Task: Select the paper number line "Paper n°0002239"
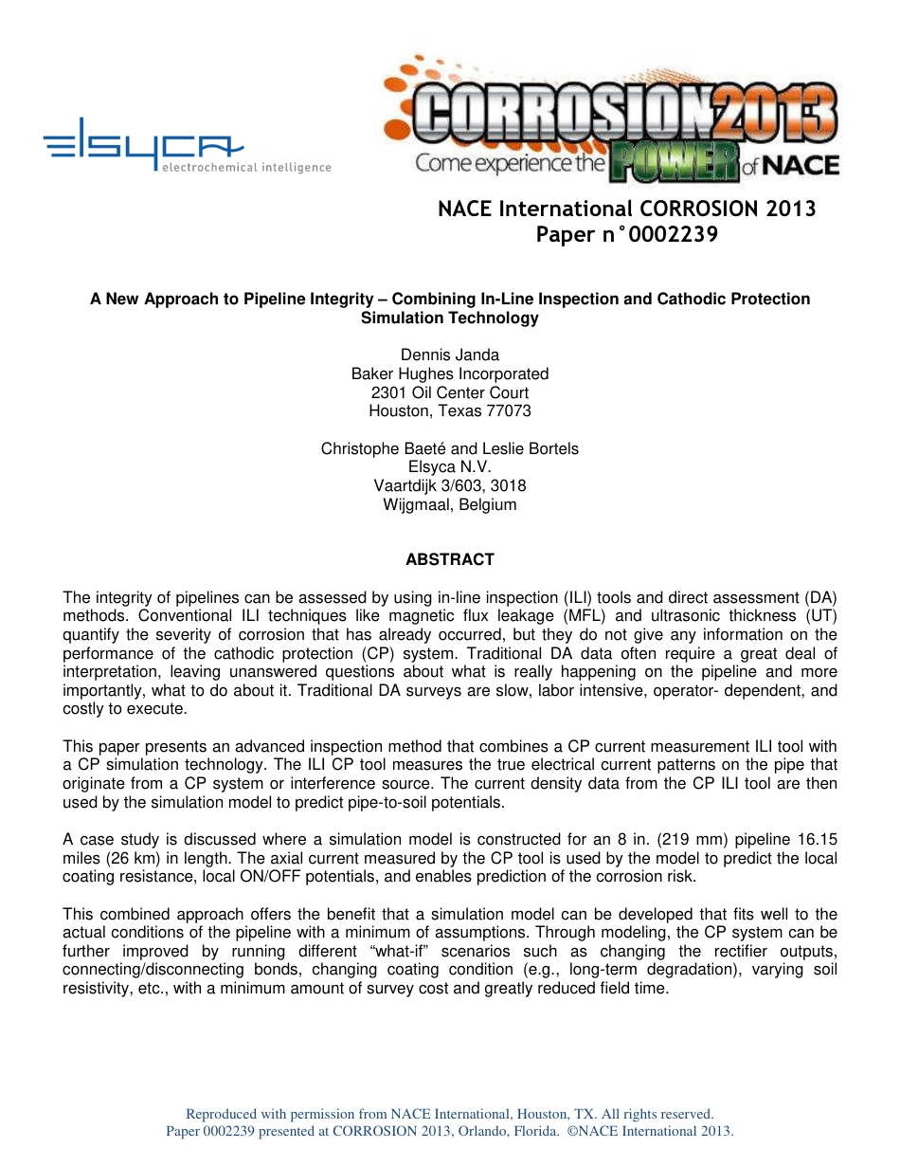click(626, 235)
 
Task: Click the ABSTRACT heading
click(450, 559)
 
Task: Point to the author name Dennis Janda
click(450, 355)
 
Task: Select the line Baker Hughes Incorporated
click(450, 373)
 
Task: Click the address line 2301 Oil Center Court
click(450, 392)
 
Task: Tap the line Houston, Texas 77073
click(450, 410)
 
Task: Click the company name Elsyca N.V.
click(450, 466)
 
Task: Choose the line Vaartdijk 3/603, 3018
click(450, 485)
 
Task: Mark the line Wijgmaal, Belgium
click(450, 504)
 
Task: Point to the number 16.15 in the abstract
click(815, 839)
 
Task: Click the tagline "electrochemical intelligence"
click(246, 168)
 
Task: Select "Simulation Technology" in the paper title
click(450, 319)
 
